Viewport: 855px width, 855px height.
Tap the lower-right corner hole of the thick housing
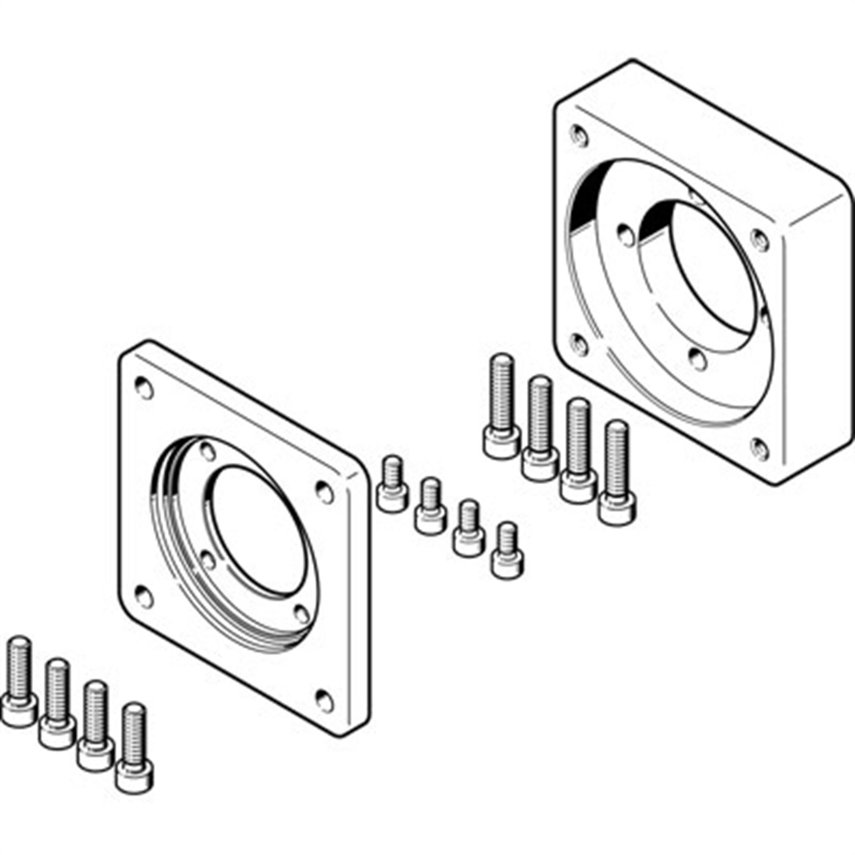[760, 449]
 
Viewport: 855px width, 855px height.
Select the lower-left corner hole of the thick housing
[579, 344]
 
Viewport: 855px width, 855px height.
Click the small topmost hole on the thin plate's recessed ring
[208, 452]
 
